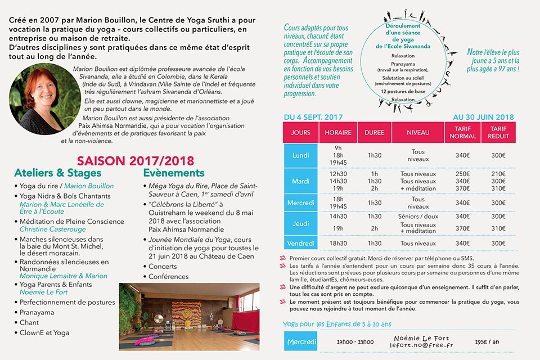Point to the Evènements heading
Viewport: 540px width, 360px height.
(x=174, y=173)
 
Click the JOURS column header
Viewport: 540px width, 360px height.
(x=300, y=133)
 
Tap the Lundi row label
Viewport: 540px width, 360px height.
(x=300, y=155)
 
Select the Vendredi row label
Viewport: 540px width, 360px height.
(x=300, y=243)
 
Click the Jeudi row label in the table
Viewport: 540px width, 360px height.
(x=300, y=223)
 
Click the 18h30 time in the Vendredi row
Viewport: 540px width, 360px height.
(x=338, y=243)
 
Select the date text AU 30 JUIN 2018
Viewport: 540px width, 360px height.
(x=483, y=117)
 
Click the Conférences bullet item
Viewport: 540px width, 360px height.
(x=169, y=277)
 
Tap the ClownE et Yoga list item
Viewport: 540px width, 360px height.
(x=44, y=332)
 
